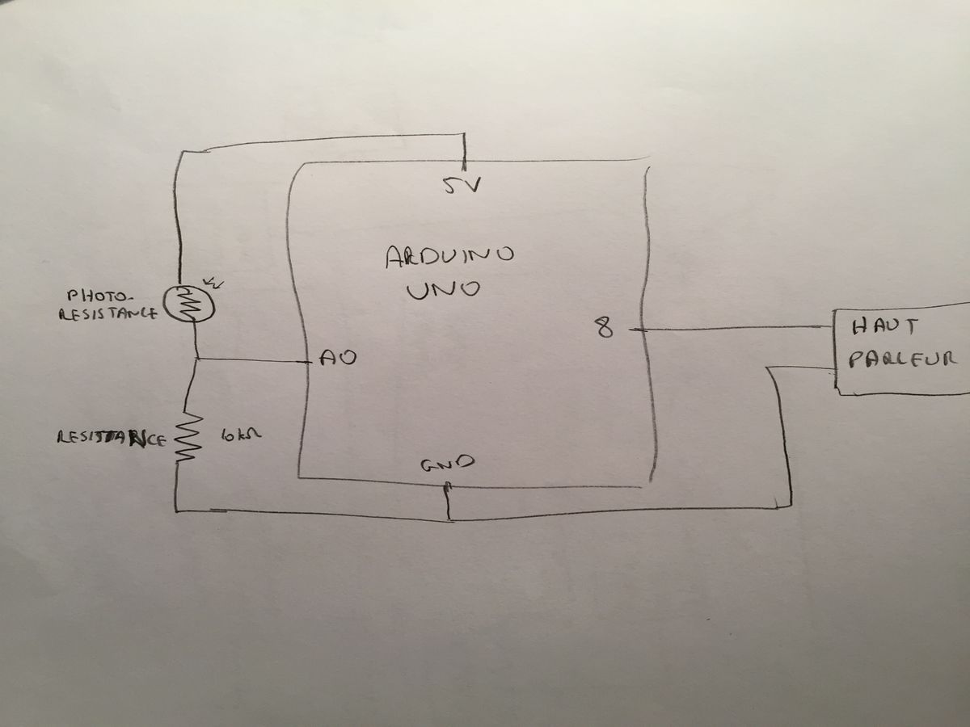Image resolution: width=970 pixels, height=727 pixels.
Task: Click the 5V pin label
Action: point(462,187)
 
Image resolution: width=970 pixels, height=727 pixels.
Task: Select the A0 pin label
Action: point(335,357)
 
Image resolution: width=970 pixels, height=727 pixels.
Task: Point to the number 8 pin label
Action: point(604,328)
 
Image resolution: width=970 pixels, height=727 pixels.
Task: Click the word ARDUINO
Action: point(449,258)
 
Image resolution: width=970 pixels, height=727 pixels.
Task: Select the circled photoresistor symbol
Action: point(188,304)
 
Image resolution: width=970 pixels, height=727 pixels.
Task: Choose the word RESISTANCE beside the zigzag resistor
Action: point(112,439)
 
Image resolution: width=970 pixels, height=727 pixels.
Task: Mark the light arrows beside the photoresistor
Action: point(216,284)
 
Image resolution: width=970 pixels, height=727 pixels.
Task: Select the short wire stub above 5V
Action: point(466,149)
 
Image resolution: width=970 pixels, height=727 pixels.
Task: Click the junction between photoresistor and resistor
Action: point(197,359)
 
